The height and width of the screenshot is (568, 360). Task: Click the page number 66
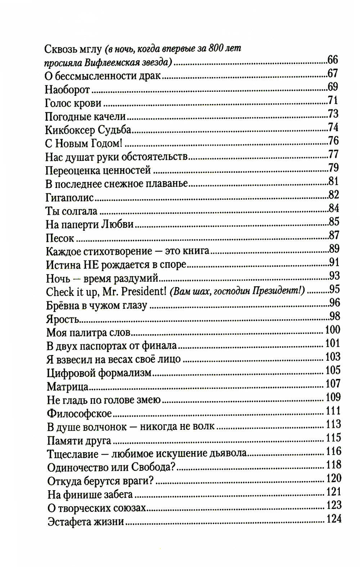tap(333, 60)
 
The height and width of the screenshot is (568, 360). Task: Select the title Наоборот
tap(67, 90)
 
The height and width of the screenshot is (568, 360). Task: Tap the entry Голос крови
tap(73, 103)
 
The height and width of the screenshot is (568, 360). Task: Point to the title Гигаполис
tap(70, 198)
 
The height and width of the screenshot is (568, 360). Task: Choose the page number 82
tap(334, 195)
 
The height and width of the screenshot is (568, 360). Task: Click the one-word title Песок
tap(60, 238)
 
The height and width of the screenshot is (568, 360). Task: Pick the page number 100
tap(332, 330)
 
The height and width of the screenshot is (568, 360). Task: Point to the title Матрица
tap(68, 387)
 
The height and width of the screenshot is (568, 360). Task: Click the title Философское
tap(79, 414)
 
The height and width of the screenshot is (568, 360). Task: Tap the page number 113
tap(333, 424)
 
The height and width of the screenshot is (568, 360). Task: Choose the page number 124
tap(333, 519)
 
